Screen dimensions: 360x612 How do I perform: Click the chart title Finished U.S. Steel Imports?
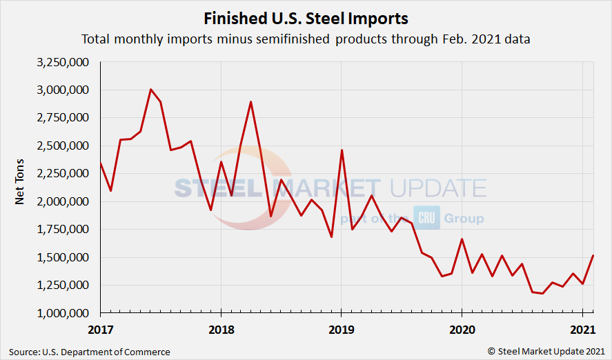[x=306, y=18]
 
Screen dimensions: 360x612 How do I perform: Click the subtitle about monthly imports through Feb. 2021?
[x=306, y=39]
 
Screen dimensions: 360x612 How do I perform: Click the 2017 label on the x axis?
[x=100, y=329]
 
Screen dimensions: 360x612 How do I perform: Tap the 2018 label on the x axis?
[x=221, y=329]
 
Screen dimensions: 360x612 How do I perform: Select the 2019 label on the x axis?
[x=341, y=329]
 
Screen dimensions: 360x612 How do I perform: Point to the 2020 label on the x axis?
[x=462, y=329]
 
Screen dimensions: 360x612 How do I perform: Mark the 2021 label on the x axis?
[x=582, y=329]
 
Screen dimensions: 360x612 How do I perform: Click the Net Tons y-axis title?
[x=21, y=188]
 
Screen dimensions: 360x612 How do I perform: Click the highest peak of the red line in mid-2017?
[x=150, y=90]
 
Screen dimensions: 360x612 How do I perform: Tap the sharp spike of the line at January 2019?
[x=342, y=150]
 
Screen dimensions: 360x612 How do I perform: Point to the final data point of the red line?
[x=593, y=256]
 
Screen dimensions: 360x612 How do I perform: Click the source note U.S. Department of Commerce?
[x=90, y=352]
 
